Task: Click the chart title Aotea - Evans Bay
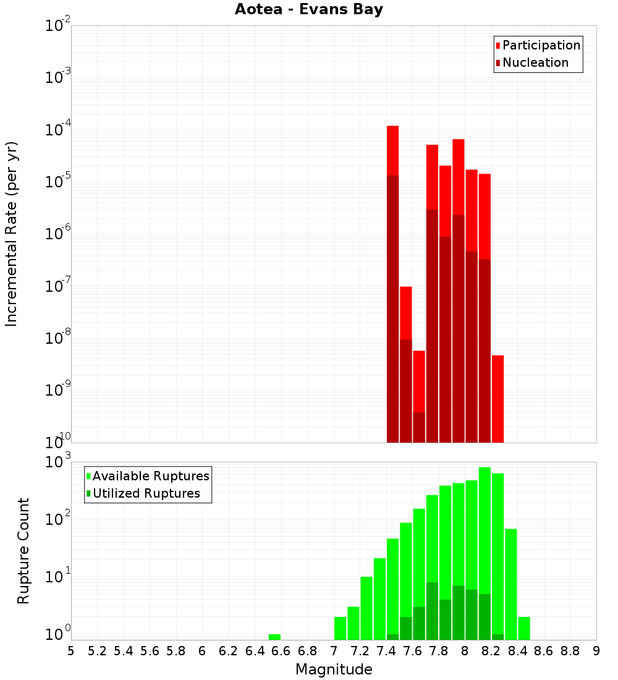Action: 309,10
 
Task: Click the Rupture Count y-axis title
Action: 23,550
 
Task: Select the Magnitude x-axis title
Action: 334,669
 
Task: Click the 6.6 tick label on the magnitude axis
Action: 281,651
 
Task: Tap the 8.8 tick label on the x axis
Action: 570,651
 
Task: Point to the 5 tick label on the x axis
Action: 71,651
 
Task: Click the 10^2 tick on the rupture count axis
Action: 58,519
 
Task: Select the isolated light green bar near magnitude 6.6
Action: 274,637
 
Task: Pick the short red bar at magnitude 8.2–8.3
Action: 497,399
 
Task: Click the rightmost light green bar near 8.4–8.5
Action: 524,628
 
